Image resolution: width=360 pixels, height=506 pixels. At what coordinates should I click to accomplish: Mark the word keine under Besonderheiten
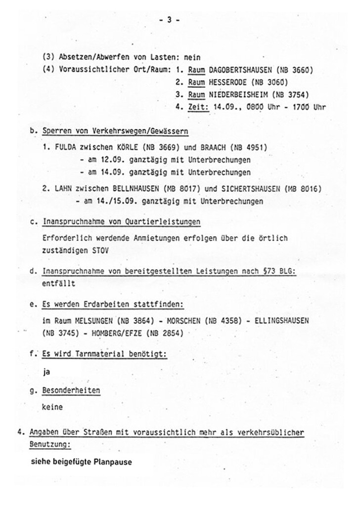pos(53,408)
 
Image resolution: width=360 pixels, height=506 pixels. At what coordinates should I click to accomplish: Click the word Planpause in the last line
pos(113,464)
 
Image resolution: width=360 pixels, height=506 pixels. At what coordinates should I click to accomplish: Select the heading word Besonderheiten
pos(71,390)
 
